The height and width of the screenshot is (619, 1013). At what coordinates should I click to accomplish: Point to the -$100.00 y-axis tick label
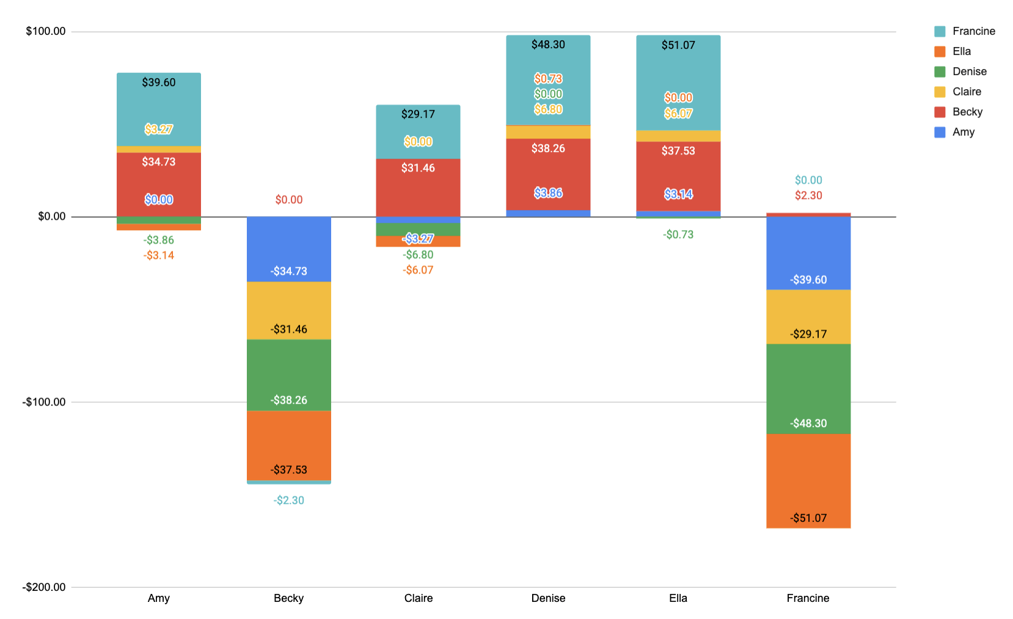coord(44,402)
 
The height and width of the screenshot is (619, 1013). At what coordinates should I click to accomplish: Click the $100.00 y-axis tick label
coord(46,31)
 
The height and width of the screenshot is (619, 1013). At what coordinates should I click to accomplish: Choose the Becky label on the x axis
coord(288,598)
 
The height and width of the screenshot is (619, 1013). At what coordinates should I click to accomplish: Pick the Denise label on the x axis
coord(548,598)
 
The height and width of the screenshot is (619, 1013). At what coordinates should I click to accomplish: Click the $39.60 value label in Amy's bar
coord(159,82)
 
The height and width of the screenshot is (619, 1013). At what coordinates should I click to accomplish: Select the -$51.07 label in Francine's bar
coord(808,518)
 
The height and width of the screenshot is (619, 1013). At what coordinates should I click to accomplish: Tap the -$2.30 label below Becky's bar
coord(289,501)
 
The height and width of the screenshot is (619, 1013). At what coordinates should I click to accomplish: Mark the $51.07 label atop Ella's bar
coord(678,45)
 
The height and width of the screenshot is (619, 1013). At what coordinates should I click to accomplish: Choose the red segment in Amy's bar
coord(159,180)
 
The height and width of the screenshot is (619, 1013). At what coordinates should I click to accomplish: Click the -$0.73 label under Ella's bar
coord(678,234)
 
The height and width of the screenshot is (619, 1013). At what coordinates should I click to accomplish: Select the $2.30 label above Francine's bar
coord(808,195)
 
